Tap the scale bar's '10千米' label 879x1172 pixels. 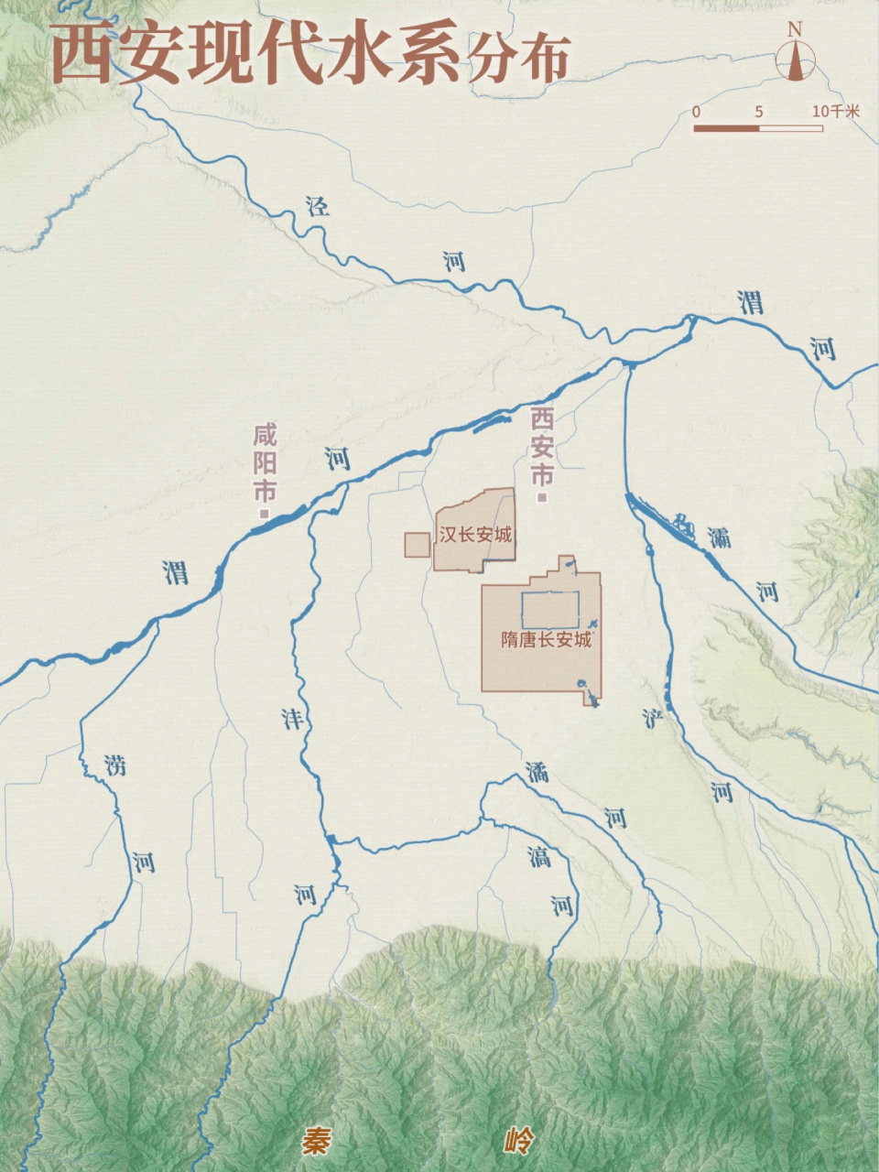point(836,112)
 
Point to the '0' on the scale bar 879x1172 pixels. point(697,112)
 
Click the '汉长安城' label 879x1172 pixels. point(475,535)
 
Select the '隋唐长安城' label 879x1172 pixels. point(546,640)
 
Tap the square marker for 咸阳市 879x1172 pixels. point(265,514)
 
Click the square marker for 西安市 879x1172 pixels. point(543,498)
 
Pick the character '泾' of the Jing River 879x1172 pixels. point(318,206)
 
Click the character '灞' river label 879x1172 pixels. point(719,537)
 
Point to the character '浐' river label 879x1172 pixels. point(652,718)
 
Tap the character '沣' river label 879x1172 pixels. point(291,719)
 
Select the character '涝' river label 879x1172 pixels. point(114,765)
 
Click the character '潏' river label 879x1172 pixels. point(537,772)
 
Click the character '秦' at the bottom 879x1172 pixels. point(316,1142)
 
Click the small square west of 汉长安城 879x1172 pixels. point(418,545)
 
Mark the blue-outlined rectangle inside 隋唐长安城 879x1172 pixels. point(550,609)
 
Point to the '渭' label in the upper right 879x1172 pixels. point(751,302)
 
